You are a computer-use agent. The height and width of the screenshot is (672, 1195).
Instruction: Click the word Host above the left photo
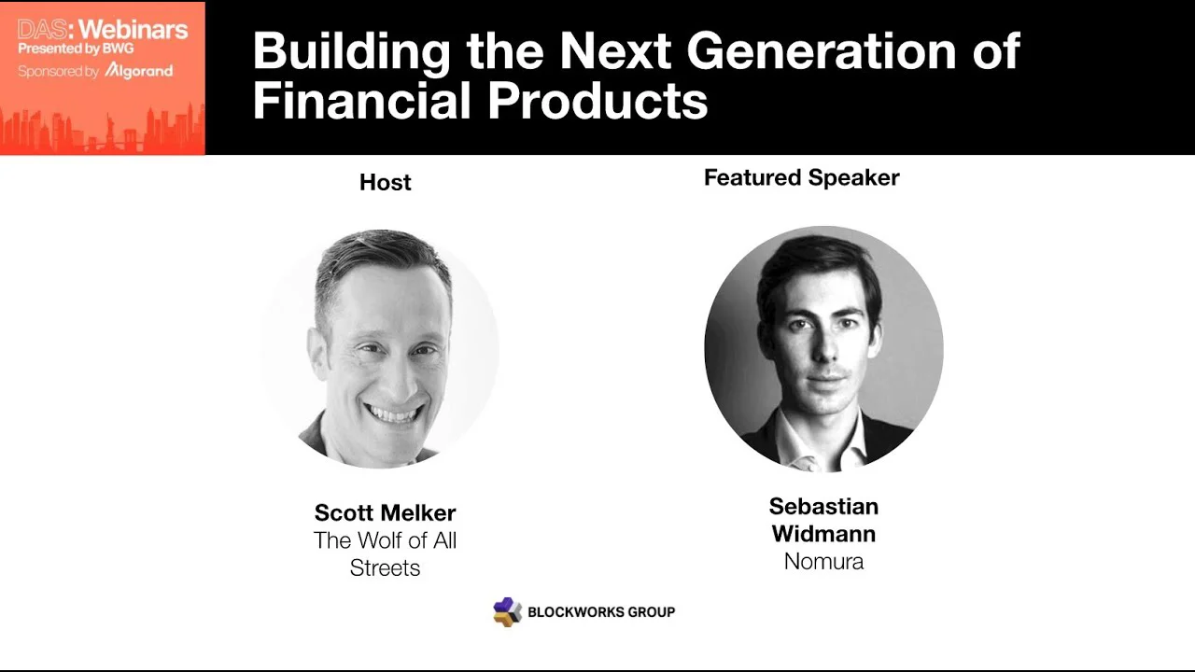386,182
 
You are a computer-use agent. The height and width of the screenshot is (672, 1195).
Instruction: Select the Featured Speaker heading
802,178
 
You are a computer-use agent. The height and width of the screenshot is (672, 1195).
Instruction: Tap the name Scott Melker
386,513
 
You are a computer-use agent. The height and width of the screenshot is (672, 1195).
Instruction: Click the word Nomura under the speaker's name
823,562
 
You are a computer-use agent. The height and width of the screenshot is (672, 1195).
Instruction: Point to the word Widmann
823,534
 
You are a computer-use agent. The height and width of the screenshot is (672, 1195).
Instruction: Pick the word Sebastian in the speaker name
823,507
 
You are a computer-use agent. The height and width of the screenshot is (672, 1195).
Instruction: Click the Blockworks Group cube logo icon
507,611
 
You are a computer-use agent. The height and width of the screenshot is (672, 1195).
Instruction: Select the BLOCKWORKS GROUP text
601,611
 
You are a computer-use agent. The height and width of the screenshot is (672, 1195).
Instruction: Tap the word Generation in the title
822,51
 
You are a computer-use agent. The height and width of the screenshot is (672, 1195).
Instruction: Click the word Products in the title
598,101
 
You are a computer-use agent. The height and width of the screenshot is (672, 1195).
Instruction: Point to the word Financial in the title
361,101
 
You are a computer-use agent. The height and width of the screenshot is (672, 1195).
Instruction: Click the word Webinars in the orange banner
134,29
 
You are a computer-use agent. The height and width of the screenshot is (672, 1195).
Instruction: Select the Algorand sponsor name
139,71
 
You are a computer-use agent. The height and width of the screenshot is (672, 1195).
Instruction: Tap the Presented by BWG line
76,49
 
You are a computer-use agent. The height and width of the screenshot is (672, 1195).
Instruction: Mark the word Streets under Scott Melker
386,568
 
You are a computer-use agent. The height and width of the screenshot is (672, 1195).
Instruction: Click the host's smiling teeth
393,413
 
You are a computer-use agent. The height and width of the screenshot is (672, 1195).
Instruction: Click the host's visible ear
316,352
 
